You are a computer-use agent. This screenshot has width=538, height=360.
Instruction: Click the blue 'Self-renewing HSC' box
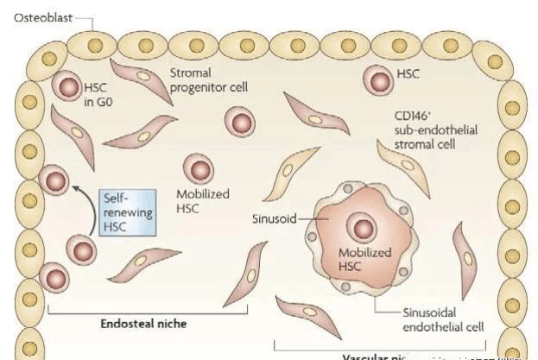(125, 212)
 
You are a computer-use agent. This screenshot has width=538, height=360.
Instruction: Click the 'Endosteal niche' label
(143, 324)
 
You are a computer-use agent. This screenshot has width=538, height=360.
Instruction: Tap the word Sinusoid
(273, 218)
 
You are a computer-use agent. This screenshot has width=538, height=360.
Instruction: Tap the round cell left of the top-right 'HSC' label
(377, 80)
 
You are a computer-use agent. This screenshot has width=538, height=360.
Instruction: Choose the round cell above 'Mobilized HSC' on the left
(199, 169)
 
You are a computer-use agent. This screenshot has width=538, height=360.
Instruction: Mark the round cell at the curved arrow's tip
(54, 182)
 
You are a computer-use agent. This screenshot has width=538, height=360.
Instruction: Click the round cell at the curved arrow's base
(82, 251)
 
